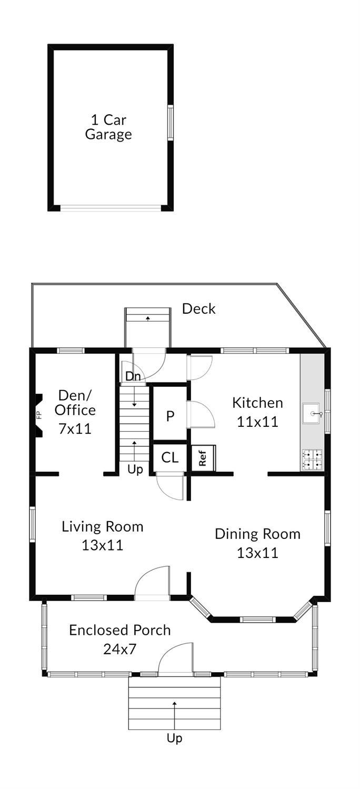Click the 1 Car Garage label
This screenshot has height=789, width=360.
[108, 127]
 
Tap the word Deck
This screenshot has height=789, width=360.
[198, 308]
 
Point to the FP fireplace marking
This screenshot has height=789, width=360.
[39, 415]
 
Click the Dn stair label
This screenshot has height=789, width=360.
[133, 376]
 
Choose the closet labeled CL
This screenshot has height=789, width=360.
[169, 457]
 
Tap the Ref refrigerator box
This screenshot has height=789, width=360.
[203, 458]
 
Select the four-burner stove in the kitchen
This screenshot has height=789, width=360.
[312, 460]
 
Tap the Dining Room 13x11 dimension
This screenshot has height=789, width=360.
[257, 553]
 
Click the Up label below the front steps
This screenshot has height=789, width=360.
[174, 738]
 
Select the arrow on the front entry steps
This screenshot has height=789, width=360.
[174, 713]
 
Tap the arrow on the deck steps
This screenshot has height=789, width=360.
[148, 318]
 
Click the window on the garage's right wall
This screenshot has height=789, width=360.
[171, 122]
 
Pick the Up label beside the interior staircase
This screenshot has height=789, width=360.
[135, 470]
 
